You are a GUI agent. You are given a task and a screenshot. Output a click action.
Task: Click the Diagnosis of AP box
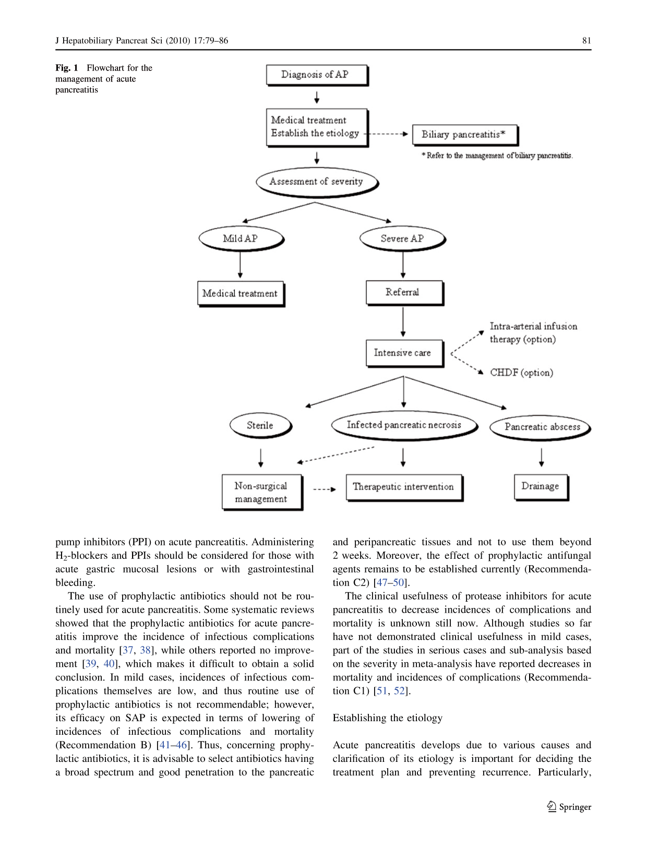[x=317, y=75]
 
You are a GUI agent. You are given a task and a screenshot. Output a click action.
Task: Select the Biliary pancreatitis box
[x=465, y=135]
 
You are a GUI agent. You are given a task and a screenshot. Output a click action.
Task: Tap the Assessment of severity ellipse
[x=317, y=182]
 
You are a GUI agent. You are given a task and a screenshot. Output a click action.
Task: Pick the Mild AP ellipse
[x=241, y=238]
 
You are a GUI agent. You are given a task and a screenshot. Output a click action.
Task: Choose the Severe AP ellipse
[x=403, y=238]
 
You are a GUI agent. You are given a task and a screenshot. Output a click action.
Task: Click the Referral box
[x=404, y=293]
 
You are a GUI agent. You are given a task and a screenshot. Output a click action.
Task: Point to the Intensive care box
[x=404, y=353]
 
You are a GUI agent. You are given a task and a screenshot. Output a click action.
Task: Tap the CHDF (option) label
[x=521, y=372]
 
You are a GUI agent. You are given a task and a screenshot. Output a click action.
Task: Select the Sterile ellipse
[x=261, y=426]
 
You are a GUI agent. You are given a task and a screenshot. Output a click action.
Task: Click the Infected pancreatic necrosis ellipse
[x=404, y=425]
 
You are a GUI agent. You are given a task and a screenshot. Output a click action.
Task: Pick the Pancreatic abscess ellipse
[x=541, y=427]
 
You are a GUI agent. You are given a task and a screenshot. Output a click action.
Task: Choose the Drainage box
[x=541, y=488]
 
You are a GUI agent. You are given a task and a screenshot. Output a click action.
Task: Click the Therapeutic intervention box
[x=404, y=488]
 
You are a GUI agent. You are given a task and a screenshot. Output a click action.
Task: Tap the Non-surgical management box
[x=262, y=493]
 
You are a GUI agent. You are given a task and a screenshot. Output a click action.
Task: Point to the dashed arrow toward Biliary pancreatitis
[x=386, y=134]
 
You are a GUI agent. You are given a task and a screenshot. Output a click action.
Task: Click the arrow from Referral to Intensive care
[x=403, y=322]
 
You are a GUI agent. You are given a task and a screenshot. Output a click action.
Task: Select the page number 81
[x=586, y=40]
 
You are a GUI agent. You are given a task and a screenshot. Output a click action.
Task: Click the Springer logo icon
[x=552, y=806]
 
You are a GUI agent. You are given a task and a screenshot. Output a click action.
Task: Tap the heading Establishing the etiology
[x=387, y=718]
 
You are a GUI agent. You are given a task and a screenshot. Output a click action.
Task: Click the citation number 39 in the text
[x=90, y=664]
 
